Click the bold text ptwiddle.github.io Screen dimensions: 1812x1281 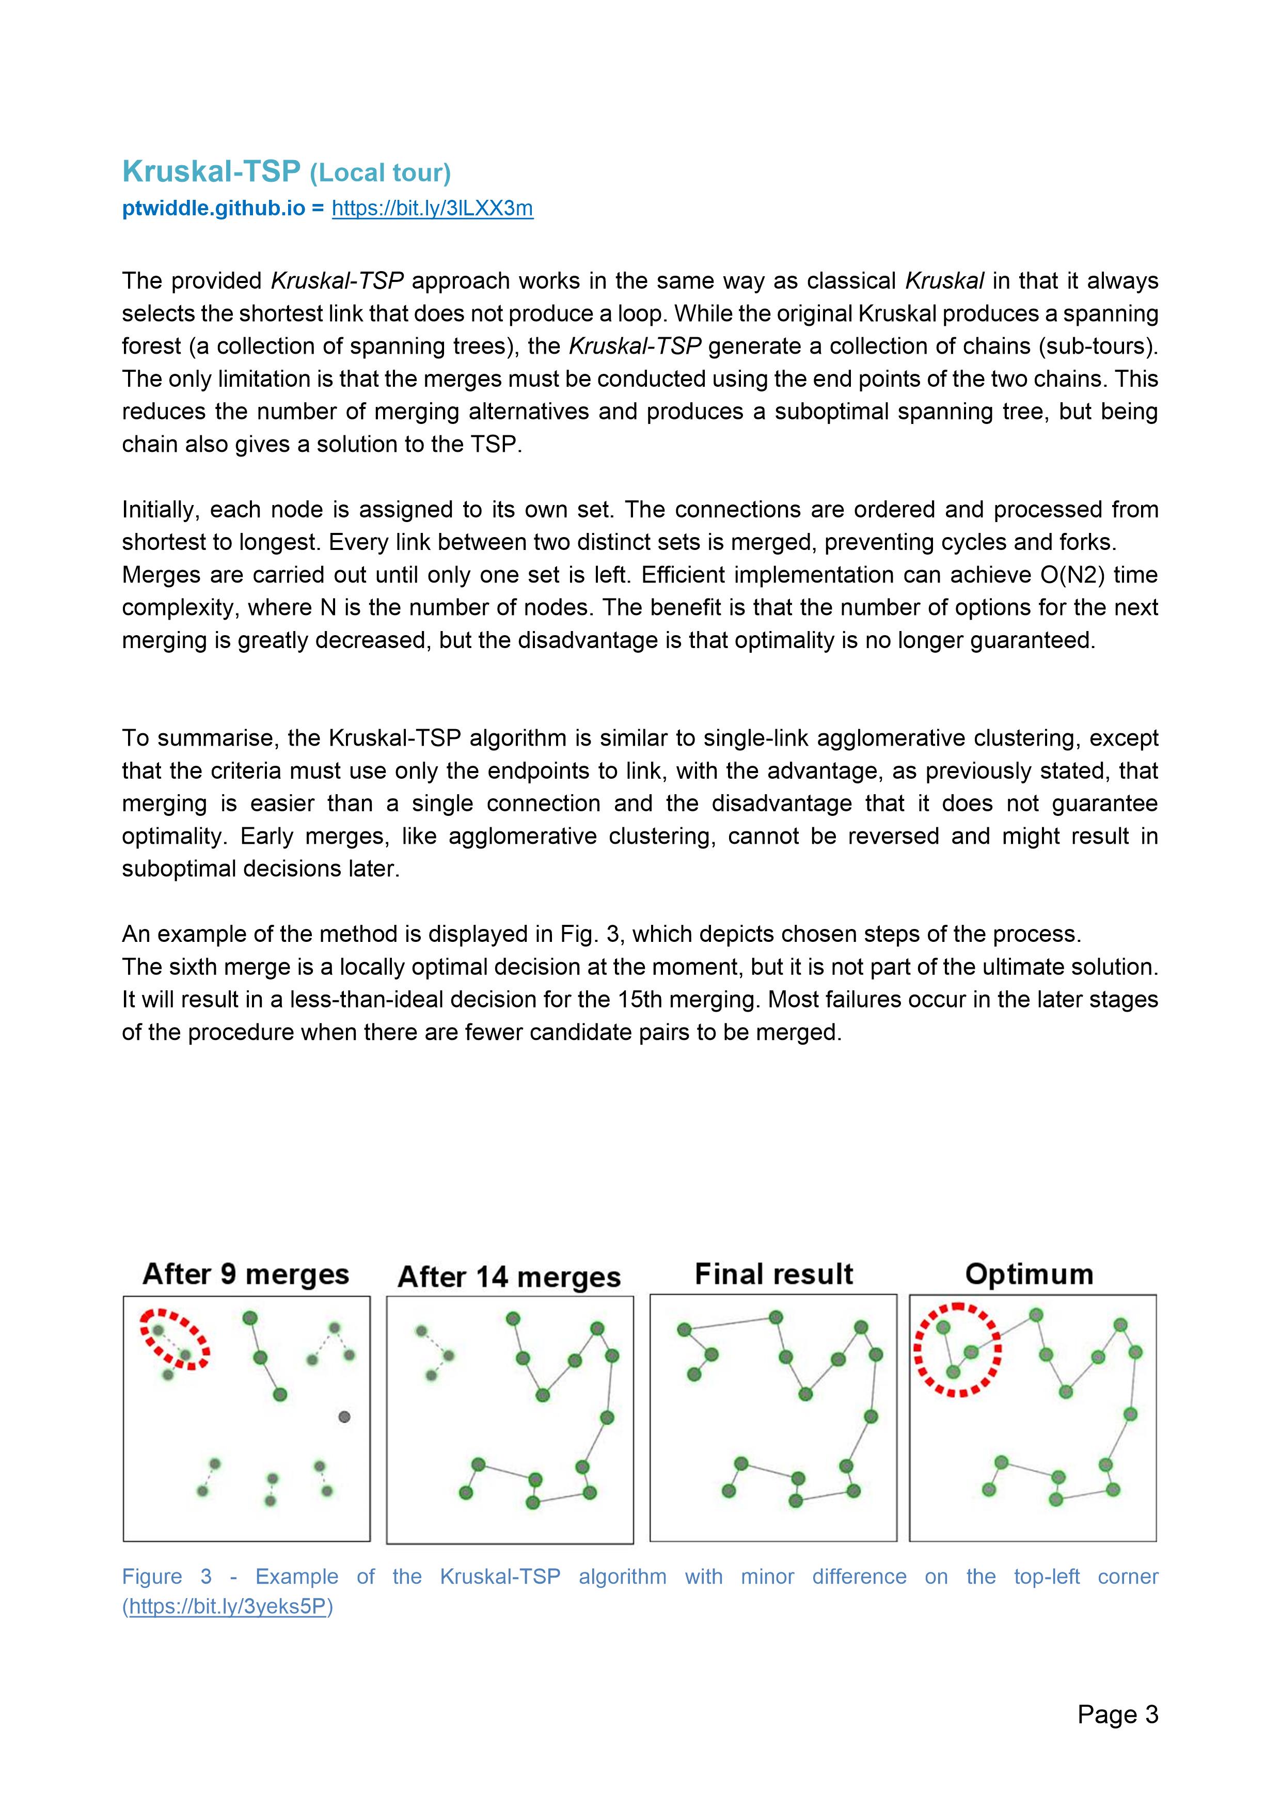(213, 208)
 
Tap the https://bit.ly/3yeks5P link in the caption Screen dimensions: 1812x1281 (227, 1607)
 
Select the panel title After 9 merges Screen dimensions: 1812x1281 (245, 1274)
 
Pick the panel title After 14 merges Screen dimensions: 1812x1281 (509, 1277)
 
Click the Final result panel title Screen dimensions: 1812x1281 (773, 1274)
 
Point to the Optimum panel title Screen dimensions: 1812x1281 (1029, 1274)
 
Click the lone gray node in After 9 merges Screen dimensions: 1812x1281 (344, 1416)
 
